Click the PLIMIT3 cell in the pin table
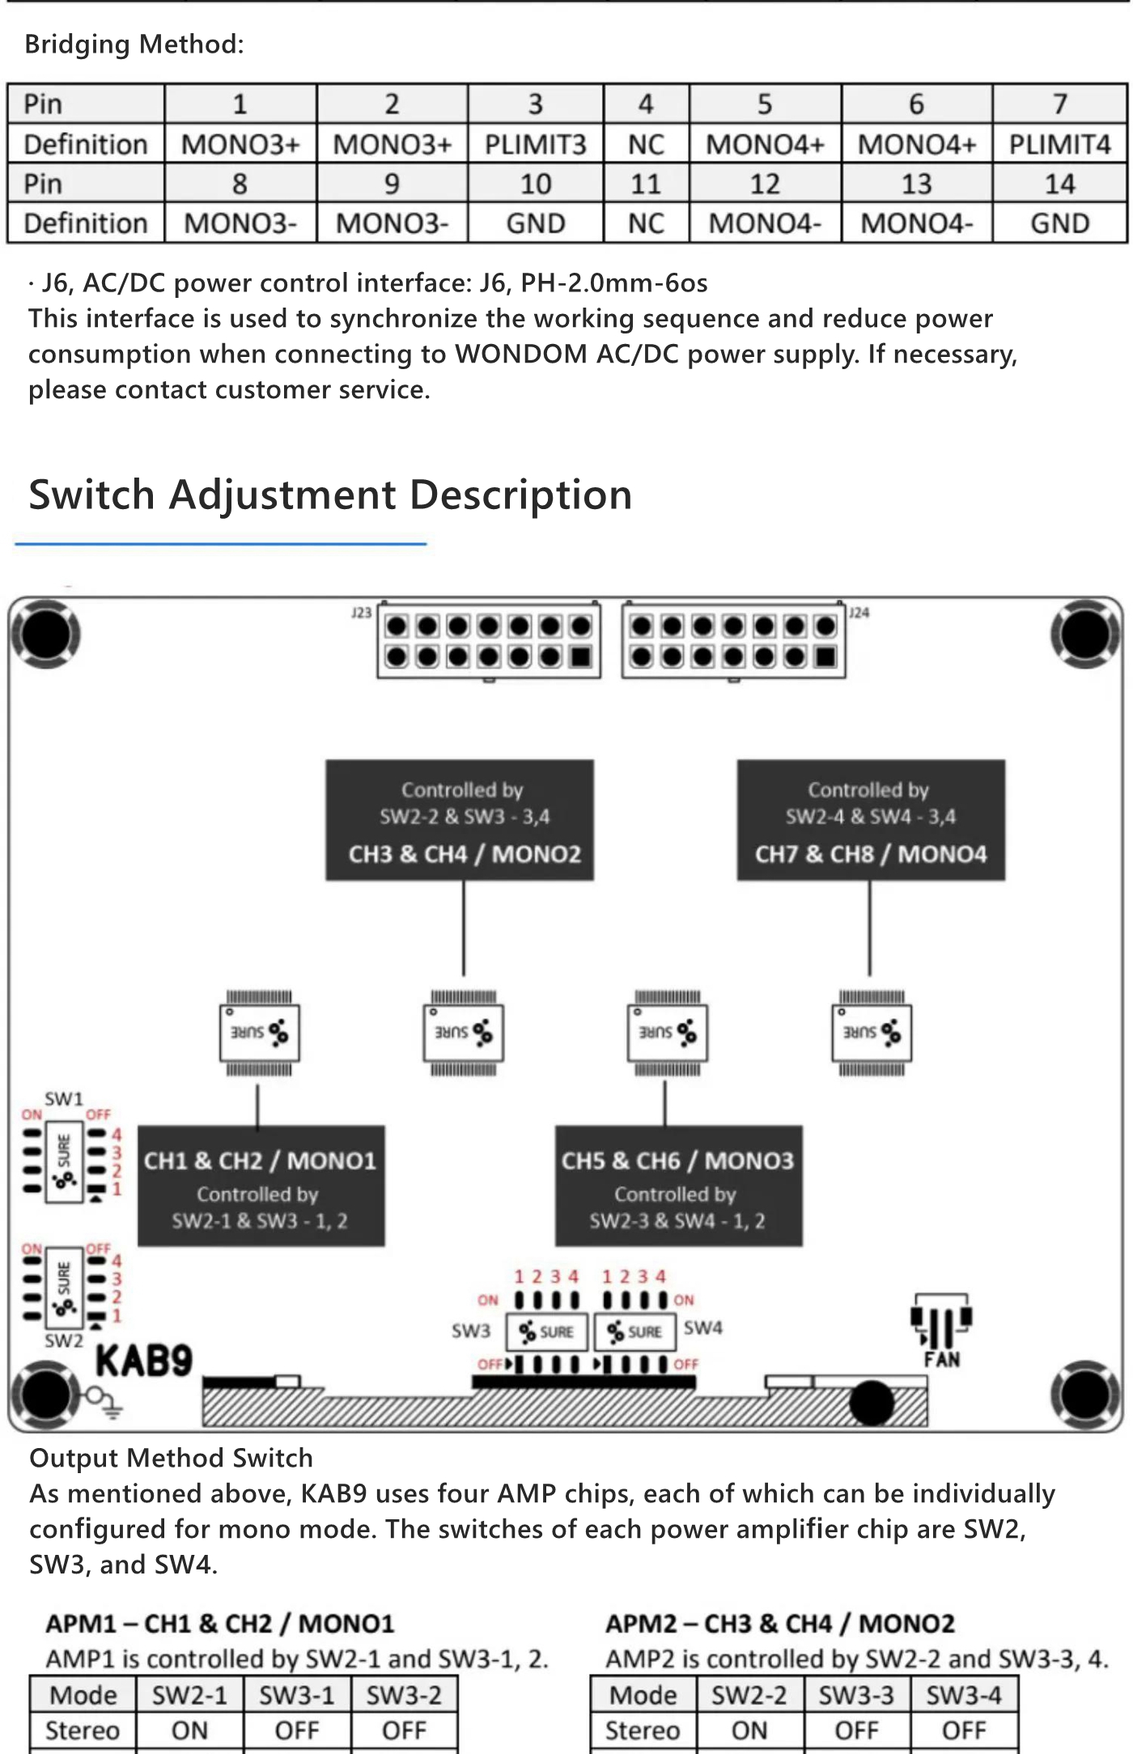point(535,144)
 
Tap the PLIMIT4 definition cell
point(1059,144)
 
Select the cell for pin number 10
point(535,184)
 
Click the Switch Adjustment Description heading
point(330,495)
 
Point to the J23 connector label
point(361,613)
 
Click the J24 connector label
point(859,613)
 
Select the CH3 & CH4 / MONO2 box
point(460,820)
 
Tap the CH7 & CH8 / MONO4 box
point(871,820)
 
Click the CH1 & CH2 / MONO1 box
point(261,1186)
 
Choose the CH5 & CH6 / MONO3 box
point(678,1186)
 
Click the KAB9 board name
point(144,1361)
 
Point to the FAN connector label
point(942,1359)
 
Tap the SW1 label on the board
point(64,1098)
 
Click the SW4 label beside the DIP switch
point(702,1328)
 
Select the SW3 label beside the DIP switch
point(471,1331)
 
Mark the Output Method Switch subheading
point(171,1458)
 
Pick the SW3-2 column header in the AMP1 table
point(404,1695)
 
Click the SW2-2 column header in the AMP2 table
point(749,1695)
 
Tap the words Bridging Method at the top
point(134,44)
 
